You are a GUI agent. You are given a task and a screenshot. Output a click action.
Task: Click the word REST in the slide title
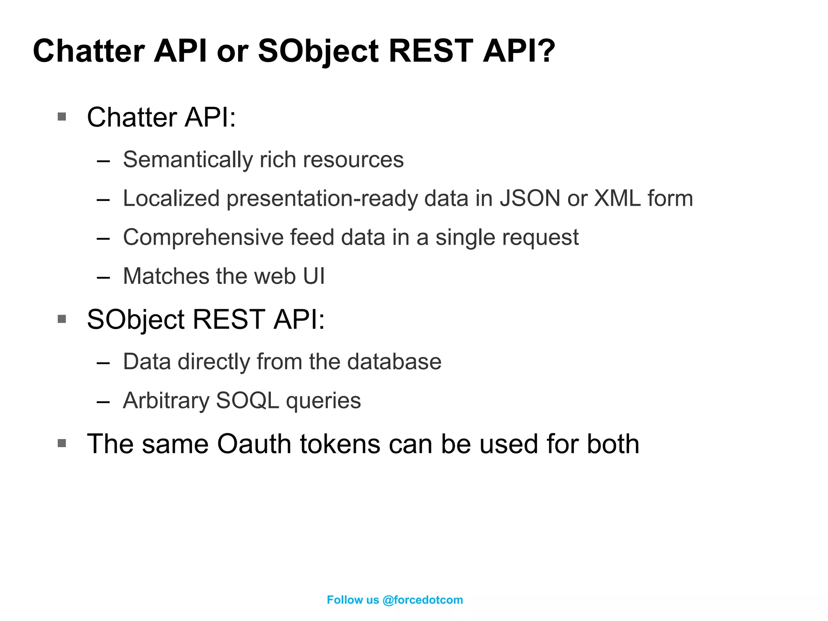coord(431,51)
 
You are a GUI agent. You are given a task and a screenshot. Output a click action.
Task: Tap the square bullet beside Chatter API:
coord(62,117)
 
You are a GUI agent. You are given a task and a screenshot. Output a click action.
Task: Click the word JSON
coord(530,199)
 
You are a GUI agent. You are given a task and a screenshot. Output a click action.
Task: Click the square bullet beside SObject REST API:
coord(62,319)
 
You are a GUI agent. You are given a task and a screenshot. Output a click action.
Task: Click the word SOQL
coord(247,400)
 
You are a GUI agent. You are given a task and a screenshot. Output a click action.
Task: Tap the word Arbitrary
coord(166,400)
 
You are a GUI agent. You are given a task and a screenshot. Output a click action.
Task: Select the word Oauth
coord(254,444)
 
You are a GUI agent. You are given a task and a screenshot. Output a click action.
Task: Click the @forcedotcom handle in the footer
coord(422,600)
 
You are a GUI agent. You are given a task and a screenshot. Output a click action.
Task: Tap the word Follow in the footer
coord(344,600)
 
